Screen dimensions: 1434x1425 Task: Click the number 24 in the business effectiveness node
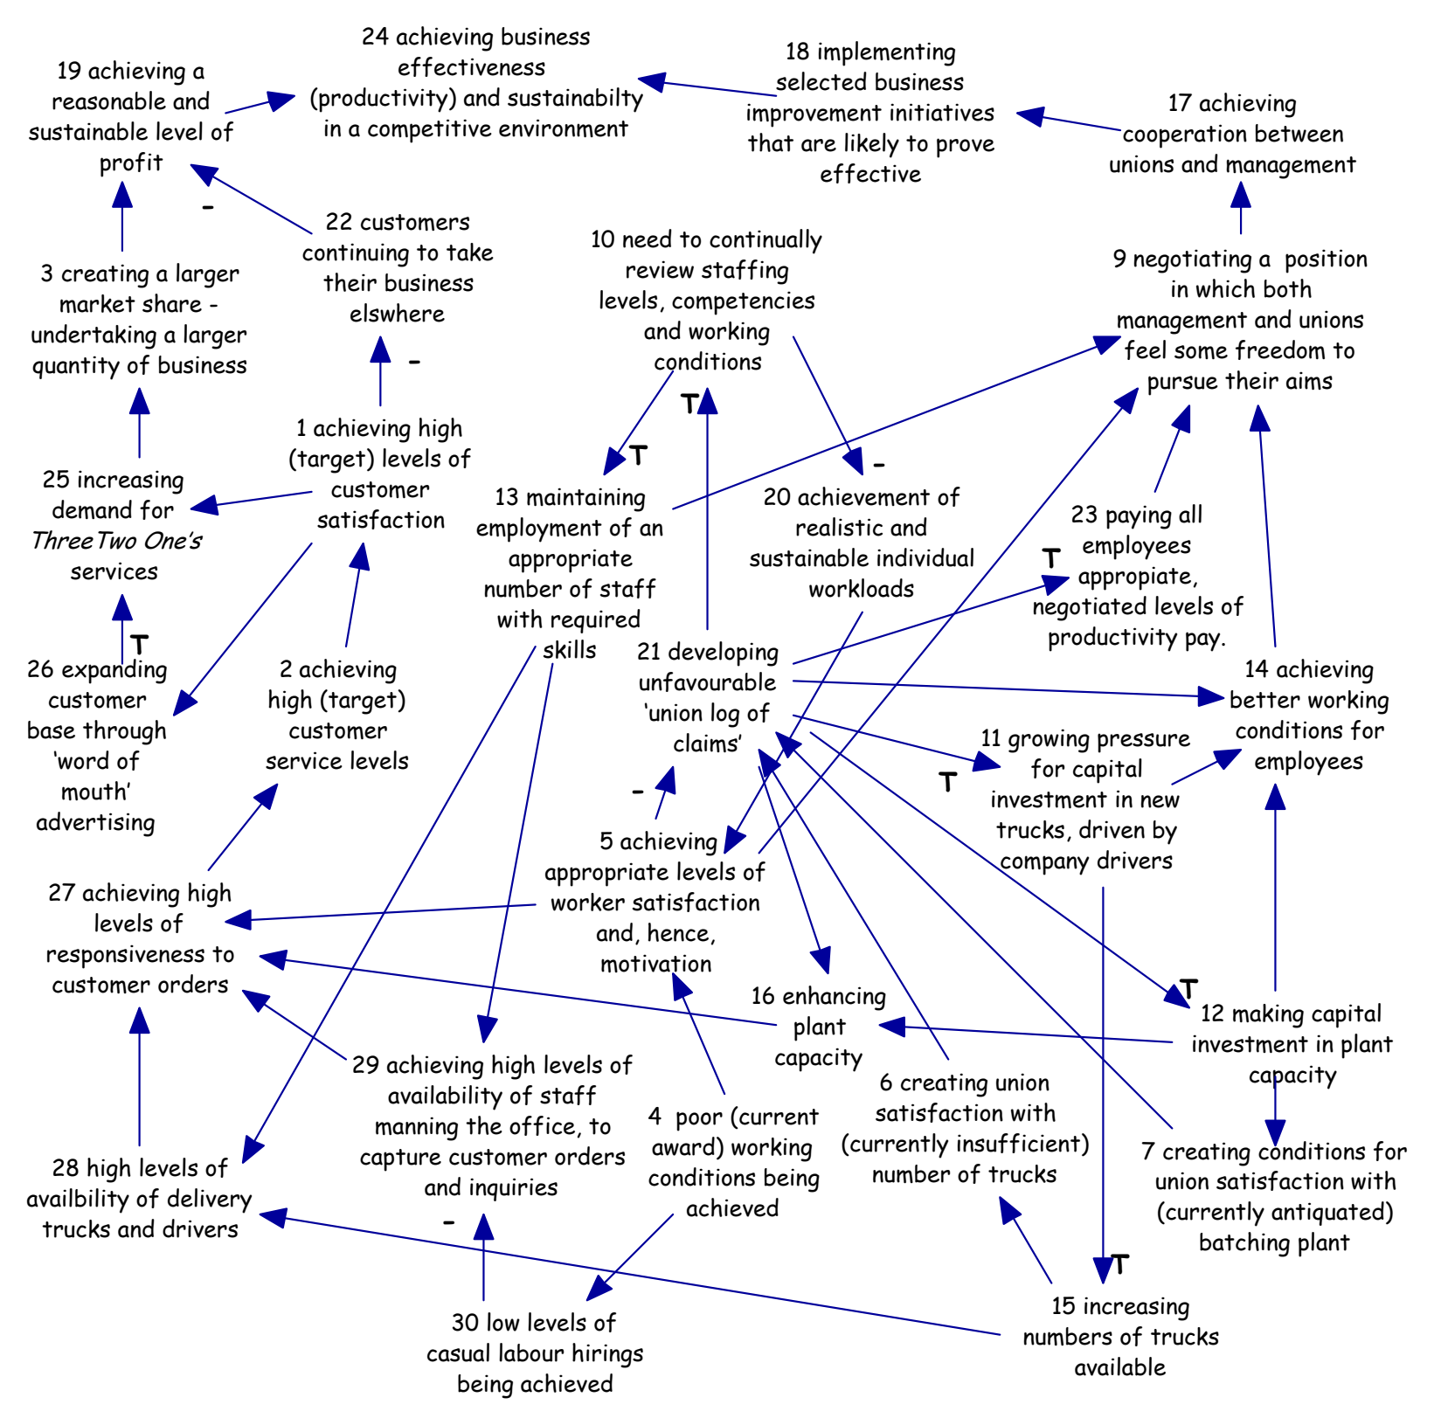tap(375, 38)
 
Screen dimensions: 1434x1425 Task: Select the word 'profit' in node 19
tap(131, 163)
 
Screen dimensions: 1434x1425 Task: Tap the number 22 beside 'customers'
tap(339, 223)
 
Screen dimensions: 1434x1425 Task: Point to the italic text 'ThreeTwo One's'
tap(116, 542)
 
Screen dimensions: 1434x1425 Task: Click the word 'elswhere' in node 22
tap(398, 315)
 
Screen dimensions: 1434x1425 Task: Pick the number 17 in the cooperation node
tap(1180, 104)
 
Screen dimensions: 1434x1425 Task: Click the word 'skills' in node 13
tap(570, 651)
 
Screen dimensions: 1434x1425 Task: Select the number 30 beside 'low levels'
tap(465, 1323)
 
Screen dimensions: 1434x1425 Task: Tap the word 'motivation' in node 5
tap(656, 965)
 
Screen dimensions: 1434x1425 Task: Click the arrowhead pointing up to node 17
tap(1241, 194)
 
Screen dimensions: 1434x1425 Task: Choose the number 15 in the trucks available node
tap(1063, 1307)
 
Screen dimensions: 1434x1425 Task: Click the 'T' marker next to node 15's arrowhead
tap(1120, 1264)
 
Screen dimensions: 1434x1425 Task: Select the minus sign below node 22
tap(414, 362)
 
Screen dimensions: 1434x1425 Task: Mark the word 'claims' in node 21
tap(708, 744)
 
